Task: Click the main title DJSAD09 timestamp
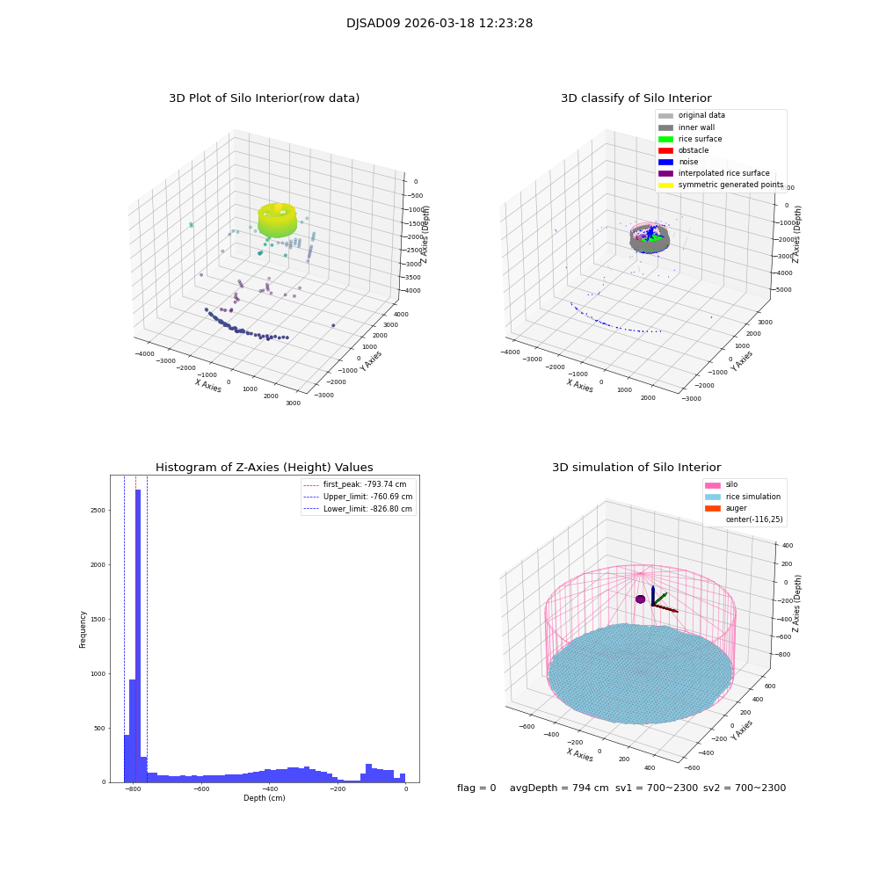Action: click(439, 24)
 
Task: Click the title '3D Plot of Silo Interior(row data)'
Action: click(264, 98)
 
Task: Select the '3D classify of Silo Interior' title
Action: click(636, 98)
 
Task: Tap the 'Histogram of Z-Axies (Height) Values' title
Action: click(264, 468)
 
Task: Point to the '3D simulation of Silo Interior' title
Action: click(636, 468)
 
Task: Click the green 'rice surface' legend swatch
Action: click(665, 139)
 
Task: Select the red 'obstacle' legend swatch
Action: click(665, 150)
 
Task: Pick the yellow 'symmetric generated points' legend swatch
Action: click(665, 185)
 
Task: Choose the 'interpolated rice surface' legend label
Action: click(723, 173)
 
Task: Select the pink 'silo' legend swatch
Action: click(712, 485)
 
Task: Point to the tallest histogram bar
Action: click(138, 633)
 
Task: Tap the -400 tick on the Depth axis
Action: click(269, 789)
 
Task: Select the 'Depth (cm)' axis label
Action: click(264, 798)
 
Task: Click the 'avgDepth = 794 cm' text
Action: click(559, 788)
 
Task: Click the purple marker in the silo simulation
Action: click(641, 599)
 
